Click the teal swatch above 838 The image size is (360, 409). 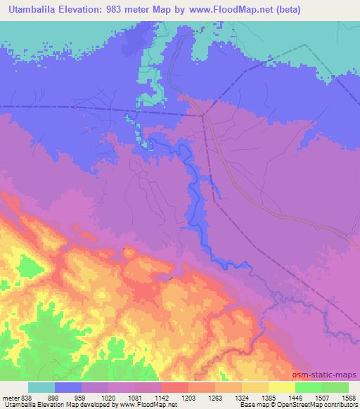[41, 387]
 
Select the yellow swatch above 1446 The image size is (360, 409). [281, 387]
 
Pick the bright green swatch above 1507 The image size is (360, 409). [308, 387]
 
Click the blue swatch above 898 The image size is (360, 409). [68, 387]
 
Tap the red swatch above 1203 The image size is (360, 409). [174, 387]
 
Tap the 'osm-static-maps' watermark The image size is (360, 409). [330, 375]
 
